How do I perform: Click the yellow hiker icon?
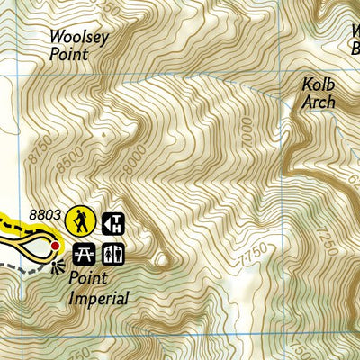[82, 221]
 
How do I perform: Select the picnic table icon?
[85, 253]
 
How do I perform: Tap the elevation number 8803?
[44, 215]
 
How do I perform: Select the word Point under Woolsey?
[69, 55]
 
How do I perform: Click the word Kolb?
[319, 85]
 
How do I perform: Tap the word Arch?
[319, 102]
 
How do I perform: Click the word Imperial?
[98, 298]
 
